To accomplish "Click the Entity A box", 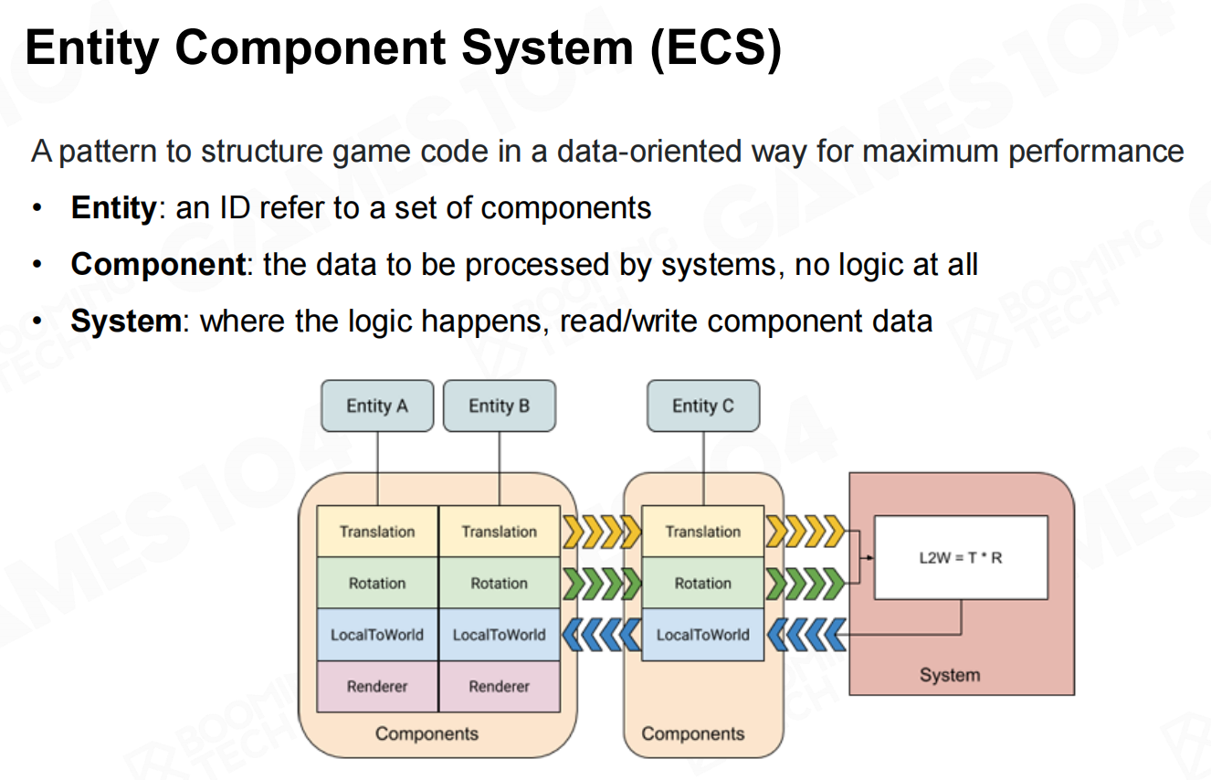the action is point(377,406).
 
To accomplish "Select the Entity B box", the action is point(499,406).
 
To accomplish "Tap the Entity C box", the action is point(703,406).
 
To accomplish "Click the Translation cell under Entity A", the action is point(377,532).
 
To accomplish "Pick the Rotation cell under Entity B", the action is point(500,583).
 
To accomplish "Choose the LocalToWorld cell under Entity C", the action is point(703,635).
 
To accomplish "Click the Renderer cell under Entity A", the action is point(377,687).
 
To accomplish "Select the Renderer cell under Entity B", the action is point(500,687).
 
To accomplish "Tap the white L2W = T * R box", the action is point(961,557).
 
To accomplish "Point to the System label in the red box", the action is point(950,675).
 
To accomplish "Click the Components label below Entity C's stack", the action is point(692,733).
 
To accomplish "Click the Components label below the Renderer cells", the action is point(426,733).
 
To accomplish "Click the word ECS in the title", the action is point(716,47).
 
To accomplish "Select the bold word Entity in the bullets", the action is point(113,208).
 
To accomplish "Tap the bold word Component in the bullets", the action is point(158,265).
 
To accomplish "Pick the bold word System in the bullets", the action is point(127,321).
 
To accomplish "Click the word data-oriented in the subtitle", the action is point(648,151).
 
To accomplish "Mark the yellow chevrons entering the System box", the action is point(806,532).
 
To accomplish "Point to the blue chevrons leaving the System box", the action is point(806,635).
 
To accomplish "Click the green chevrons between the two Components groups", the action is point(602,584).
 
